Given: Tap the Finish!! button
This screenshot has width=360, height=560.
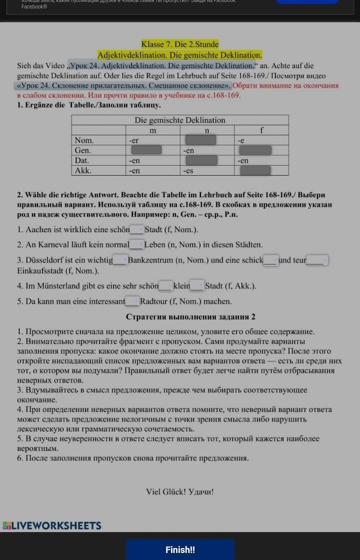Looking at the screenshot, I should pos(180,549).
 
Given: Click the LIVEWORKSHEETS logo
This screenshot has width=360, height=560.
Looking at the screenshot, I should pos(52,525).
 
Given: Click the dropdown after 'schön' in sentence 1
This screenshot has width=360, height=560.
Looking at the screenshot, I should pos(137,229).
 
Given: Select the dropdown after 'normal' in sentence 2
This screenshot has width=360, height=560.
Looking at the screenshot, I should pos(136,244).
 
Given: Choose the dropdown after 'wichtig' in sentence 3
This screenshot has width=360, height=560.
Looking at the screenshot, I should pos(120,260).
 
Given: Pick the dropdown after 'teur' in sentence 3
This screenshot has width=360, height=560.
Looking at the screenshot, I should pos(317,260).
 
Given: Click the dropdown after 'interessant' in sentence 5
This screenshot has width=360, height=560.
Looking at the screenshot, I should pos(132,301).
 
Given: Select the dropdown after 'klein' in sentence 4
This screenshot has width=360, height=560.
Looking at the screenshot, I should pos(197,286).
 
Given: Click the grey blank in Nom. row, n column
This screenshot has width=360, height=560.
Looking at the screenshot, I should pos(200,140).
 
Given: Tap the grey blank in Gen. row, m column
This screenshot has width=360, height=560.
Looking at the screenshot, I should pos(146,150).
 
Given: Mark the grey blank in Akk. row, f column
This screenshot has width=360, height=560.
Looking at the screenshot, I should pos(255,171).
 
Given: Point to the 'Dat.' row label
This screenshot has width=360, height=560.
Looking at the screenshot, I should pos(82,161).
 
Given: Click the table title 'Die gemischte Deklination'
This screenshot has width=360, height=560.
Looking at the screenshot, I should pos(180,120).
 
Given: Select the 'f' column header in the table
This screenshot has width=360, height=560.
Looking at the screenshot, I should pos(261,130).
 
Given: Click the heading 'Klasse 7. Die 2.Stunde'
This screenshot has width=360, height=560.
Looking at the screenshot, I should pos(180,44).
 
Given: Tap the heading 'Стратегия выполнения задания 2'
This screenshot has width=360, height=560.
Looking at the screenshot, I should pos(190,317).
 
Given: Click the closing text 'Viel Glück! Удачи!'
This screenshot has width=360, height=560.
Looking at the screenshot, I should pos(180,491).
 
